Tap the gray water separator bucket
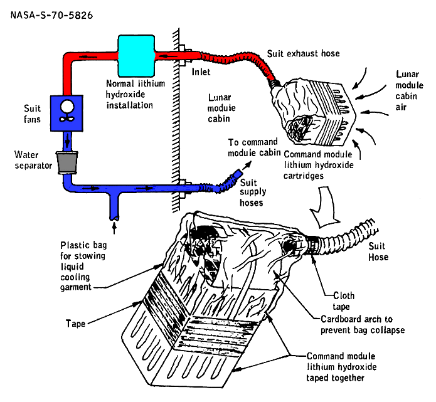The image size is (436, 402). (x=66, y=162)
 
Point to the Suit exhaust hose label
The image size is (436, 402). (x=304, y=54)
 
